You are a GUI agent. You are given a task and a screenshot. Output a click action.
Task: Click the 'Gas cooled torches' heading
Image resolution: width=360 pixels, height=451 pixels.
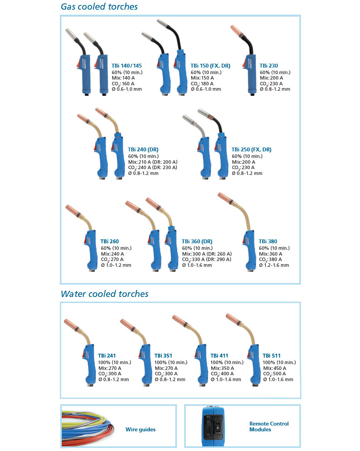tap(99, 7)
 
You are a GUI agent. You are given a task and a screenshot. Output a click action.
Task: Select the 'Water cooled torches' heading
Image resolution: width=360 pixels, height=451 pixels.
tap(104, 294)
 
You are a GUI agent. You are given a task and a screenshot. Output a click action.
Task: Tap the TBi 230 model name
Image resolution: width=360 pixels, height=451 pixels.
tap(269, 66)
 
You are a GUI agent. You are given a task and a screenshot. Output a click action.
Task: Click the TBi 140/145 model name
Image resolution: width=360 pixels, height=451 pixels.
tap(127, 66)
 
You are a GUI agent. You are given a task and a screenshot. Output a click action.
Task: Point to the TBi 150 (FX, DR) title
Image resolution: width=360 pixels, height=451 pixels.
tap(211, 66)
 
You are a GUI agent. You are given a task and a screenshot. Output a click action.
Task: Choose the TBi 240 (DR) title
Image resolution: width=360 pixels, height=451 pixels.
tap(143, 149)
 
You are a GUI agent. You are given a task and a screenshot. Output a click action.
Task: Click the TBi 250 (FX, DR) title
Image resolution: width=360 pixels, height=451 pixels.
tap(251, 149)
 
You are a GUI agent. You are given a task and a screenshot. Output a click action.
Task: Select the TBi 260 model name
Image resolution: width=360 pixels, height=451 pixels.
tap(110, 242)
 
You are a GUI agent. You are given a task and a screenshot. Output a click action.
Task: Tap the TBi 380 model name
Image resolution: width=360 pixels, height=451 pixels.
tap(268, 242)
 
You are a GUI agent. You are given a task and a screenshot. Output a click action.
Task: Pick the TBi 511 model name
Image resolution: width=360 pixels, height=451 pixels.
tap(272, 356)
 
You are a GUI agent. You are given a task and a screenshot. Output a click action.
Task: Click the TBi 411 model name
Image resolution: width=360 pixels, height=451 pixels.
tap(219, 356)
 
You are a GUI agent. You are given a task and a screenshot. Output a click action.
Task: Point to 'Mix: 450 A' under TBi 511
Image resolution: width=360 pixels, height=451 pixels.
tap(275, 368)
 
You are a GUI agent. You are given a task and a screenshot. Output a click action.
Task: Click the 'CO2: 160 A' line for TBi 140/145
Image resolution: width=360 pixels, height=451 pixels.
tap(123, 84)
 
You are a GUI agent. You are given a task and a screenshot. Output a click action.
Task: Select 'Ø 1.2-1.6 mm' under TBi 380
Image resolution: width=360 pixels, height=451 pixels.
tap(274, 265)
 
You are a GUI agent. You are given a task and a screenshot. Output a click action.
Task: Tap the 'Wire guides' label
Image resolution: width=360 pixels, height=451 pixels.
tap(141, 429)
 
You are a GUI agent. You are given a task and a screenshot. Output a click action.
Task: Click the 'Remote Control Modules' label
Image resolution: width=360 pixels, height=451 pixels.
tap(269, 427)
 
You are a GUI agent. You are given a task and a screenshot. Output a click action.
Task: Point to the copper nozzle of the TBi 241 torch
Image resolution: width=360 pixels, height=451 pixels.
tap(71, 324)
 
